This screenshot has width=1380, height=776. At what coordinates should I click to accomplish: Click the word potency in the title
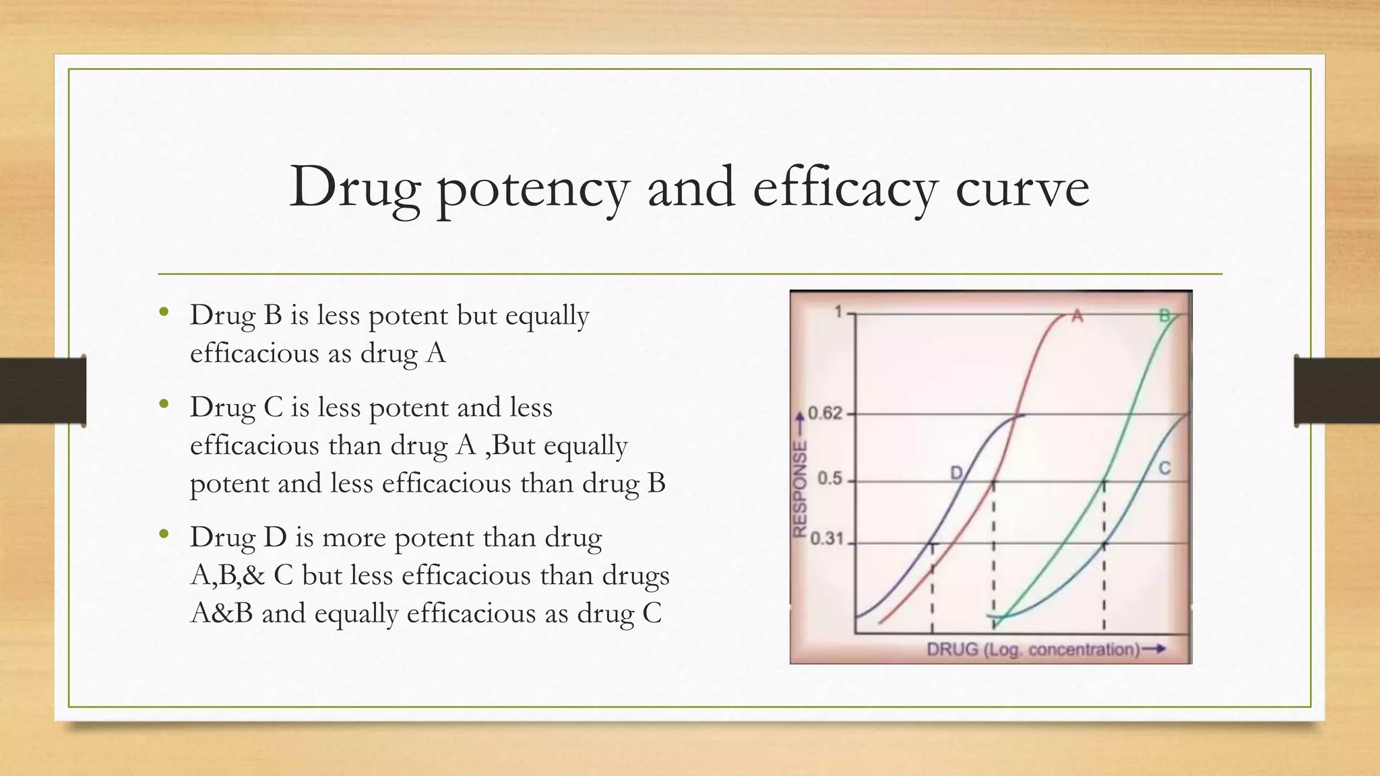533,189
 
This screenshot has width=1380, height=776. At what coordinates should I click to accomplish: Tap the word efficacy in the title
844,189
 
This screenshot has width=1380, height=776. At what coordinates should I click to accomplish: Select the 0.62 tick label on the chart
825,413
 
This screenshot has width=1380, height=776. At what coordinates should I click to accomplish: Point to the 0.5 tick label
829,479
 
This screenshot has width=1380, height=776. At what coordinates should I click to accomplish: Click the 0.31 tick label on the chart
826,539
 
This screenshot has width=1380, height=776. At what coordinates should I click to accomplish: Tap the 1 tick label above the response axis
839,312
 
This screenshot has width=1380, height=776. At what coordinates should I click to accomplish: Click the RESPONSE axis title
800,488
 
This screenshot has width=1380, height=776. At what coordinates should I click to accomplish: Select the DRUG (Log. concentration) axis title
1033,649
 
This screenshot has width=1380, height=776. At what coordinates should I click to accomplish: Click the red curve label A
1077,315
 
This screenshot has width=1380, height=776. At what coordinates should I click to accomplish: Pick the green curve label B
1164,315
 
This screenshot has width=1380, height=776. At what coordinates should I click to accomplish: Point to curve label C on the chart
1164,468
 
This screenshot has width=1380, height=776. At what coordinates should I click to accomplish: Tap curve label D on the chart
956,473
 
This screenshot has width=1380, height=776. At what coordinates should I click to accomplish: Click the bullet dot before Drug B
164,313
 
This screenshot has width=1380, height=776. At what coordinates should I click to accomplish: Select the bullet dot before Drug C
164,405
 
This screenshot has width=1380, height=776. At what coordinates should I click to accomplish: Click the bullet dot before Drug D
164,535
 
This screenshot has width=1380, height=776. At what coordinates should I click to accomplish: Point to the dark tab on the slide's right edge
1336,391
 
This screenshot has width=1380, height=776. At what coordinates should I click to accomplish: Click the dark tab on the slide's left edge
43,391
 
